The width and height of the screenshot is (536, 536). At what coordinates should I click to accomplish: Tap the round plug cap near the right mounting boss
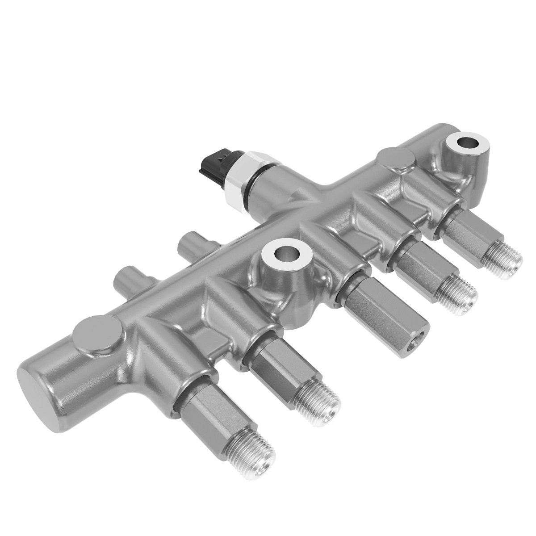pyautogui.click(x=396, y=159)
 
